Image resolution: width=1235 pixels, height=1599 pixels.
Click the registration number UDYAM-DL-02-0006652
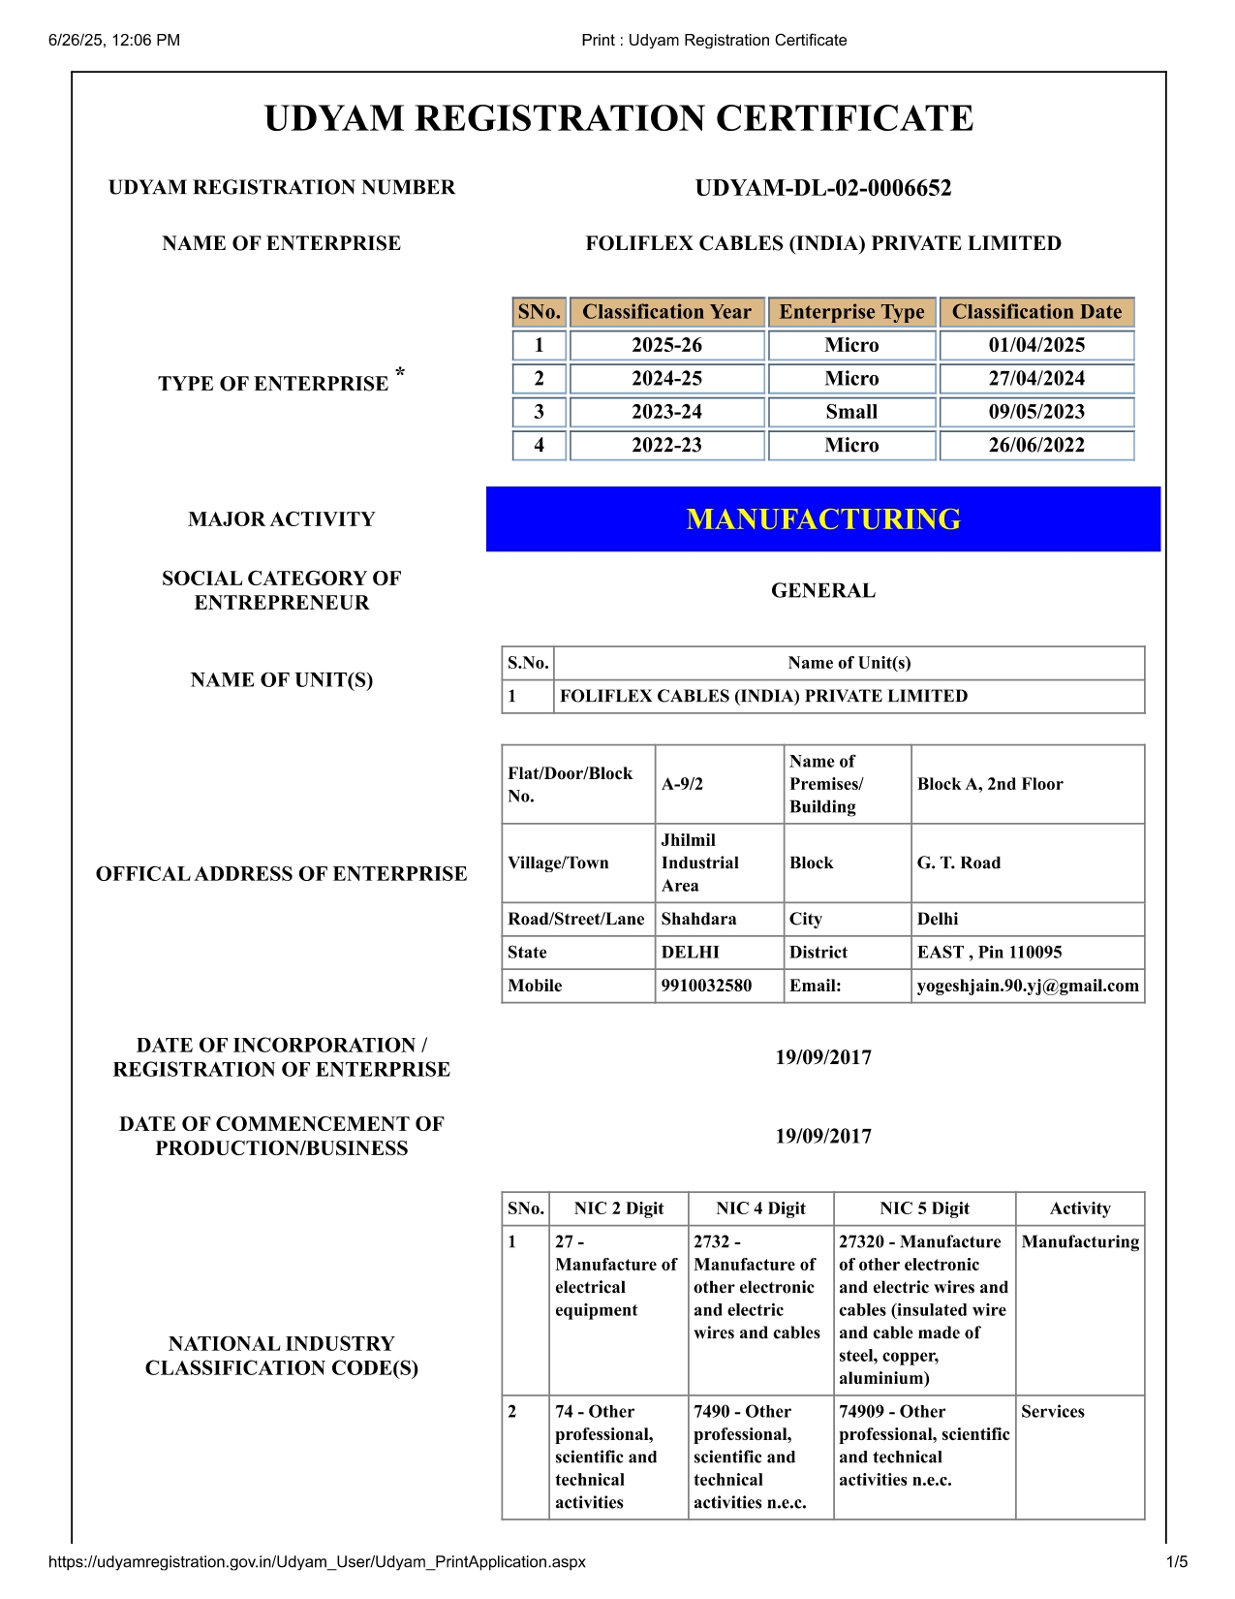pos(822,188)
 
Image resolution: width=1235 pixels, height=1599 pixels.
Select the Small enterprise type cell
pos(851,412)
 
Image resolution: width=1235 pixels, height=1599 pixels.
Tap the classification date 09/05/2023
pos(1036,412)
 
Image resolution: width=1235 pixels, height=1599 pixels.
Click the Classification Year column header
pos(666,312)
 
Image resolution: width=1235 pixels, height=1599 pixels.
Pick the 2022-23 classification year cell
pos(666,445)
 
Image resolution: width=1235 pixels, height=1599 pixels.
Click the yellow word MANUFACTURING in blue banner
pos(822,519)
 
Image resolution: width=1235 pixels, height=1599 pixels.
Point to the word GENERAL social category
pos(822,590)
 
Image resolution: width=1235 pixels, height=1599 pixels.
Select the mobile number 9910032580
pos(706,986)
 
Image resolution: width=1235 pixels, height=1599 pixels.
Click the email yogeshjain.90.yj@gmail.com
pos(1027,986)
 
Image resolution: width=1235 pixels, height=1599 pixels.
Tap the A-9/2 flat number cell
pos(683,784)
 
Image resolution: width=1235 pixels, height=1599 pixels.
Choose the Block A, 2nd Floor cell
pos(990,784)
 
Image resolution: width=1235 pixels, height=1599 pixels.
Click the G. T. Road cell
pos(959,862)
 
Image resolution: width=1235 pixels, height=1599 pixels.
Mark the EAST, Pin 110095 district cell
pos(989,952)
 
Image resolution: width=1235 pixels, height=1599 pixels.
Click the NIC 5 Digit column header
pos(924,1208)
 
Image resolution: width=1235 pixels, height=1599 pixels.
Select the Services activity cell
pos(1052,1412)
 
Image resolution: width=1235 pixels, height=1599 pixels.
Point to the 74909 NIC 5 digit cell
pos(923,1445)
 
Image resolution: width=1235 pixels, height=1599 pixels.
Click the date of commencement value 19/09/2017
pos(822,1136)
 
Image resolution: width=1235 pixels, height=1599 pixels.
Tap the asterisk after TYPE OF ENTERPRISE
pos(400,373)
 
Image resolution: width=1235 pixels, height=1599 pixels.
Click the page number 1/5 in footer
pos(1176,1561)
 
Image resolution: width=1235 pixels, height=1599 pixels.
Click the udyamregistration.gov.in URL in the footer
pos(317,1561)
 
